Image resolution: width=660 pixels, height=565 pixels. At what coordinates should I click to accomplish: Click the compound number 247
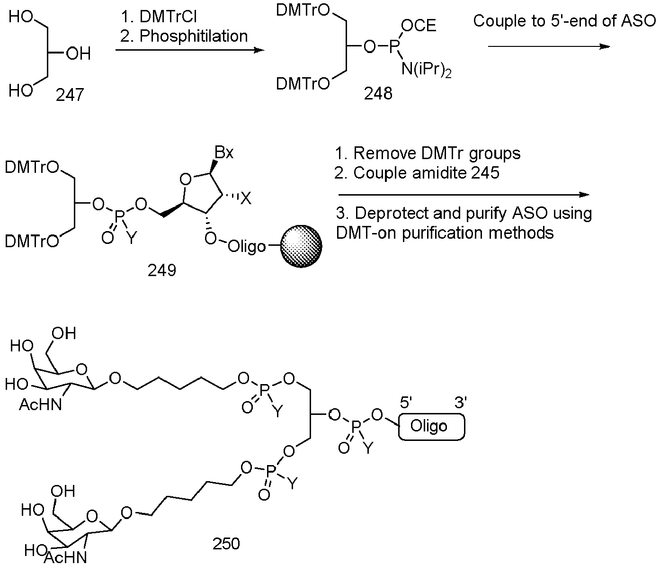pyautogui.click(x=70, y=95)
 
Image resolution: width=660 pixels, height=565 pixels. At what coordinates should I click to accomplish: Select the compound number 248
pyautogui.click(x=378, y=94)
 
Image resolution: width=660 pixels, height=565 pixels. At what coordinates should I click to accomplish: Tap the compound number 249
pyautogui.click(x=162, y=270)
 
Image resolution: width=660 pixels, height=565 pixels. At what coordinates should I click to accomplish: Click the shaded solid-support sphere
pyautogui.click(x=301, y=246)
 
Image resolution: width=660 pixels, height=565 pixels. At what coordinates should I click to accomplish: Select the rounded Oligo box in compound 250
pyautogui.click(x=431, y=427)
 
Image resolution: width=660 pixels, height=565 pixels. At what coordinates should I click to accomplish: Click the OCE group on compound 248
pyautogui.click(x=418, y=25)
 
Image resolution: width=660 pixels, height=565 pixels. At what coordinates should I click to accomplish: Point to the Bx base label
pyautogui.click(x=224, y=152)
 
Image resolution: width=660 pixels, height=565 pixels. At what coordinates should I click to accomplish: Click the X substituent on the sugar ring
pyautogui.click(x=246, y=198)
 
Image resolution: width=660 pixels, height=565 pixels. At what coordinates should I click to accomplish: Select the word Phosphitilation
pyautogui.click(x=194, y=36)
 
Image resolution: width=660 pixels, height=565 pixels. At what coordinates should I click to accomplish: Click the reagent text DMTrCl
pyautogui.click(x=168, y=16)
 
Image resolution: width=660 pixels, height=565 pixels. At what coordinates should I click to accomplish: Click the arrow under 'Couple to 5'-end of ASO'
pyautogui.click(x=549, y=46)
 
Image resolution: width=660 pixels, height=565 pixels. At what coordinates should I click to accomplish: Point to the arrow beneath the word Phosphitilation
pyautogui.click(x=190, y=50)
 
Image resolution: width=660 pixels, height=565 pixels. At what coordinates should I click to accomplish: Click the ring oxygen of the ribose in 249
pyautogui.click(x=185, y=179)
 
